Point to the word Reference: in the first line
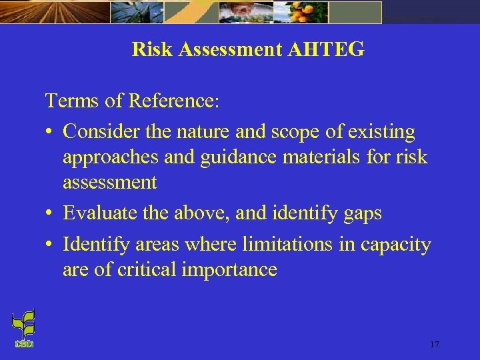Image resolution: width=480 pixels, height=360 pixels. [173, 101]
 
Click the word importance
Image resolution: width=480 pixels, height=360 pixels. [231, 270]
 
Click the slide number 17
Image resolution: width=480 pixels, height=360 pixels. [434, 345]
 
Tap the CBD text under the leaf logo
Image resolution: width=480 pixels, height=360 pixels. [23, 344]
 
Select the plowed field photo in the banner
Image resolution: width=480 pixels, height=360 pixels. [53, 11]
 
